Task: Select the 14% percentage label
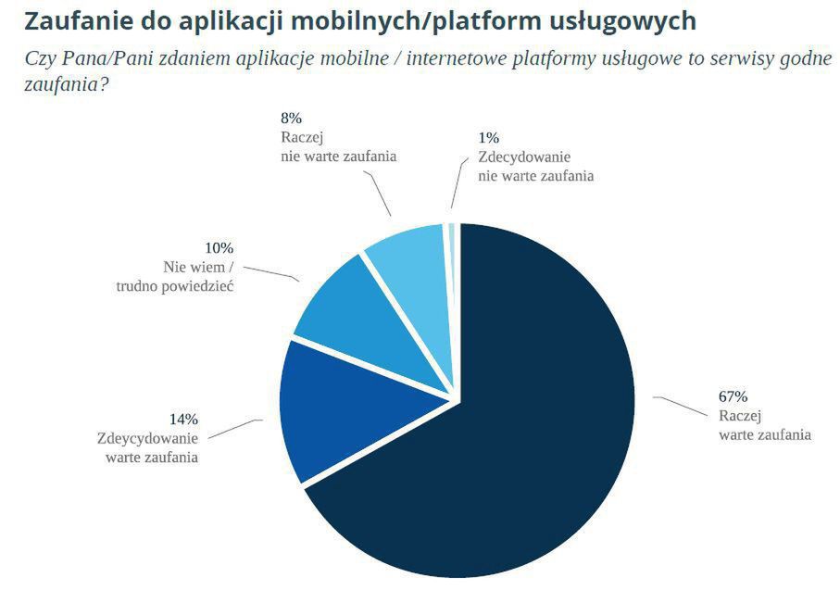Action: pyautogui.click(x=183, y=420)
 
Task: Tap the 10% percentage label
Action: pyautogui.click(x=219, y=248)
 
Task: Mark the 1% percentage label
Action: pyautogui.click(x=488, y=137)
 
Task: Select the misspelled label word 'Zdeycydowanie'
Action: pyautogui.click(x=147, y=438)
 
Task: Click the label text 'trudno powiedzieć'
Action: pyautogui.click(x=174, y=286)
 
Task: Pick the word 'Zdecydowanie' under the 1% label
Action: pyautogui.click(x=524, y=157)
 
